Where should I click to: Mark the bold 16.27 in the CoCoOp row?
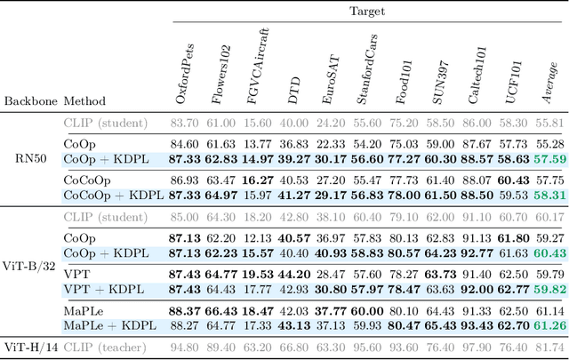pos(257,180)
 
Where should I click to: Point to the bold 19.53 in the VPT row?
pos(257,274)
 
